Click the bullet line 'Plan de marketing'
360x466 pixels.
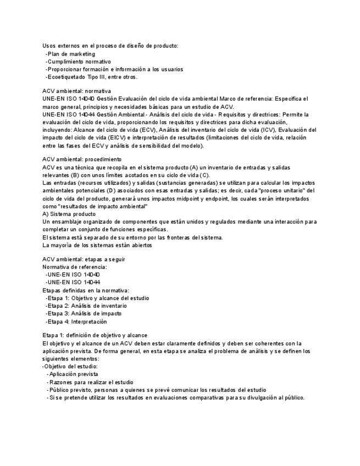[x=71, y=54]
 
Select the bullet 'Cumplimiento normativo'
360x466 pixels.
[x=79, y=62]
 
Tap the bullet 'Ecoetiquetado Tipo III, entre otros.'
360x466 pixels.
[x=92, y=77]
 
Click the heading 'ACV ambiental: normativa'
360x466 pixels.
[x=76, y=91]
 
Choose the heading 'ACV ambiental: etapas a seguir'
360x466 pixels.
[x=84, y=258]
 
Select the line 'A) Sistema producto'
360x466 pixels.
[x=69, y=214]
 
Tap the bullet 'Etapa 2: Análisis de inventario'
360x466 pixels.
[x=87, y=306]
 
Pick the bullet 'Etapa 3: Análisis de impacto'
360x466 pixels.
[x=84, y=313]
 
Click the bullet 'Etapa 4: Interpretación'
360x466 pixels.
[x=77, y=321]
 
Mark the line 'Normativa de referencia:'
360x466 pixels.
[x=75, y=267]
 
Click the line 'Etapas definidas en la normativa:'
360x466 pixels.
[x=86, y=290]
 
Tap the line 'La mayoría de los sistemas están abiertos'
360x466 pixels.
[x=97, y=245]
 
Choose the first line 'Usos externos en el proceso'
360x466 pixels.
[x=110, y=46]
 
